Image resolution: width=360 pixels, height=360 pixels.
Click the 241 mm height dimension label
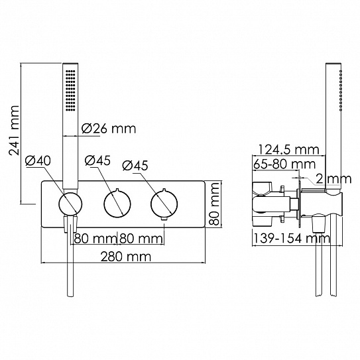pos(14,131)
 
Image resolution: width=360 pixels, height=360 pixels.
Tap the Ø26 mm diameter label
pos(109,129)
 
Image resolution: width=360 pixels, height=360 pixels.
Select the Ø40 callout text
pos(38,160)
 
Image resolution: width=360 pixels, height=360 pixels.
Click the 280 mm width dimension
pos(126,257)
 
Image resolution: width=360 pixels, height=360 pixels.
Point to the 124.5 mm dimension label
pos(288,150)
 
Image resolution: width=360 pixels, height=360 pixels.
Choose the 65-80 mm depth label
pos(284,164)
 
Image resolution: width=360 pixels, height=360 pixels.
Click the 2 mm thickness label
pos(333,178)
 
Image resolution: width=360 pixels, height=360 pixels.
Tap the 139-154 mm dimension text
pos(292,238)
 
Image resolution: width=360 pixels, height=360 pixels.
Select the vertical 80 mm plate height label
pos(215,204)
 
